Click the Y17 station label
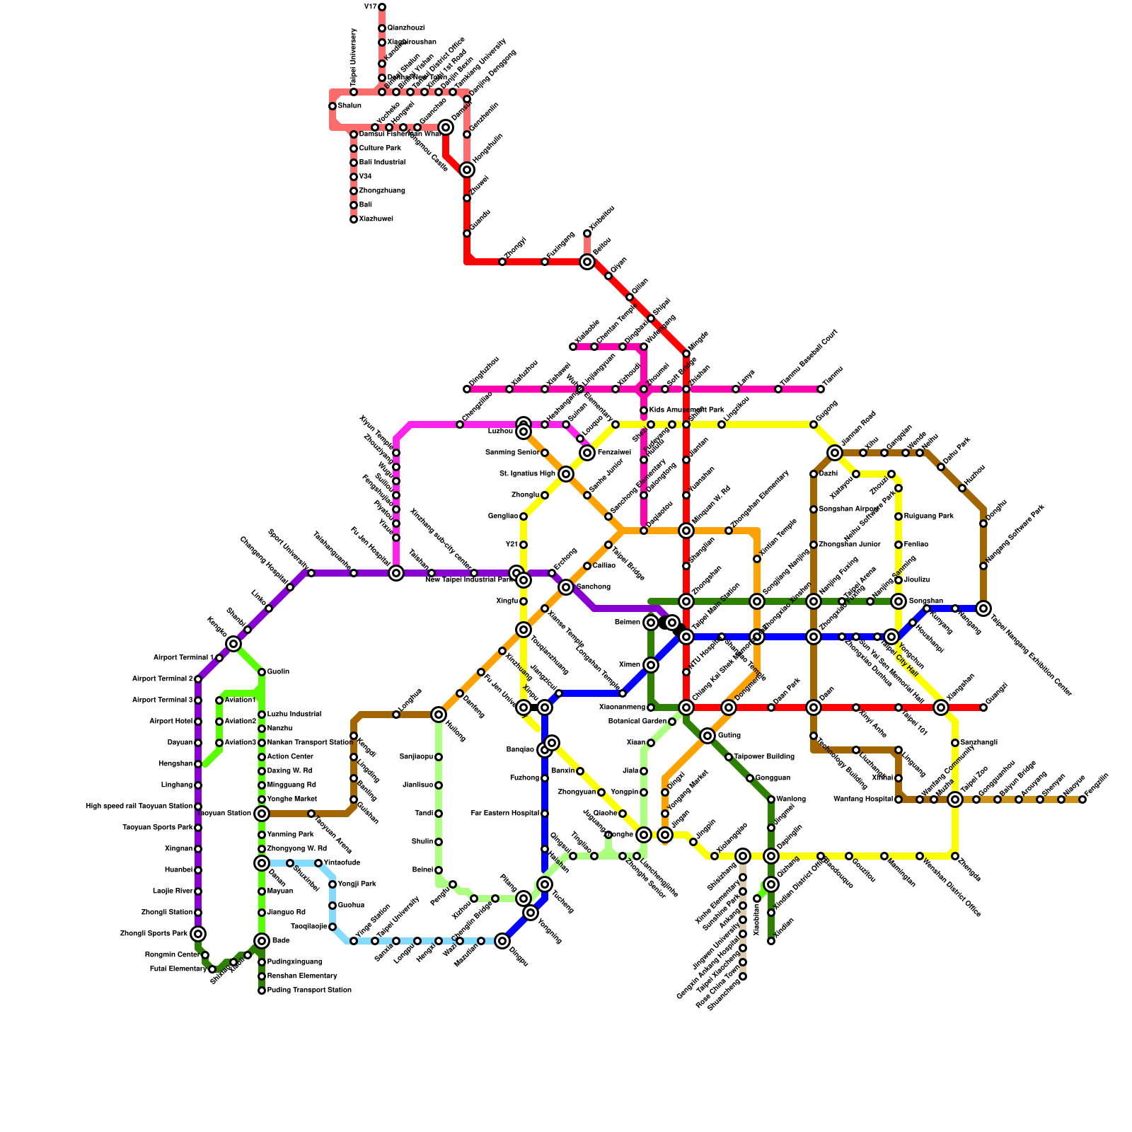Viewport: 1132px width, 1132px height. pos(370,7)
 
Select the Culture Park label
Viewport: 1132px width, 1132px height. pos(380,149)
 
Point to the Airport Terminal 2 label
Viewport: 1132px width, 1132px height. pos(162,679)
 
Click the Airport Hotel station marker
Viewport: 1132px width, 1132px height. pos(198,722)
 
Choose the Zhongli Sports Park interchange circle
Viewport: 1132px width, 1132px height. pos(198,934)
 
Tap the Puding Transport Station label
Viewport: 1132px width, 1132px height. pos(309,990)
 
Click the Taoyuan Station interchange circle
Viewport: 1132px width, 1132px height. pos(262,814)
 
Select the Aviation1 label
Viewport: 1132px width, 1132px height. pos(240,700)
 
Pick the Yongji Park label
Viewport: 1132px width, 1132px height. pos(357,884)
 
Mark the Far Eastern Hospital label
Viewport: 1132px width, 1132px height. pos(504,814)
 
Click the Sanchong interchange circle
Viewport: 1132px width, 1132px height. pos(566,587)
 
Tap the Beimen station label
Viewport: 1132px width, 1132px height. pos(627,623)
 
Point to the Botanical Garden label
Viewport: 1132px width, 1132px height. pos(637,722)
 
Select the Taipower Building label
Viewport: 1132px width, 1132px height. pos(764,757)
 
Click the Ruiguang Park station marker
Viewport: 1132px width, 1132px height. pos(899,516)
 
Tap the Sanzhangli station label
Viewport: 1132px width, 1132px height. pos(979,743)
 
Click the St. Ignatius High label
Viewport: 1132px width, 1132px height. pos(527,474)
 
